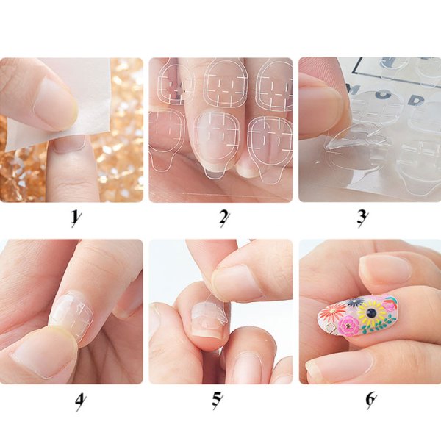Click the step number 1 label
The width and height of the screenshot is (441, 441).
[x=76, y=218]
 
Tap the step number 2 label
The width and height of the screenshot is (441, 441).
[x=224, y=218]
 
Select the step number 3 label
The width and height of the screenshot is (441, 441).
[x=362, y=218]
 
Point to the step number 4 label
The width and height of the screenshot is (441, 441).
[x=80, y=401]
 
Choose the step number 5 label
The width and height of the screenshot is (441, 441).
[x=218, y=401]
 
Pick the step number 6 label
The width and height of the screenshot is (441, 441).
[x=371, y=401]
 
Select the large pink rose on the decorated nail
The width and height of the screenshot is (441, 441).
[x=349, y=326]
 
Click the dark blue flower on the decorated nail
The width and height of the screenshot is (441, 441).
[x=354, y=303]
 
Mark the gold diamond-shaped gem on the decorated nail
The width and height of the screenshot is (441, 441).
[x=329, y=328]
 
